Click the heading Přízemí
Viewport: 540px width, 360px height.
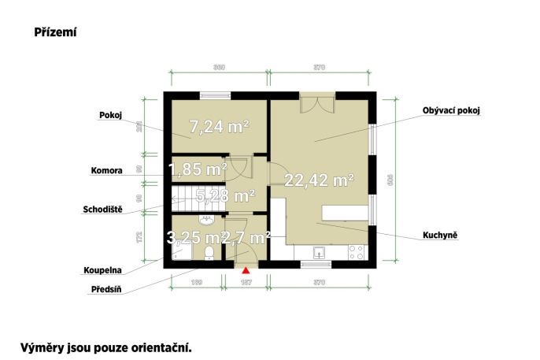pyautogui.click(x=54, y=33)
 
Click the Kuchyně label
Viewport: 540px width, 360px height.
pyautogui.click(x=439, y=236)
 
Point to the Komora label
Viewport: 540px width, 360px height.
pyautogui.click(x=106, y=169)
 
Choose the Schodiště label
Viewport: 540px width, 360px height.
pyautogui.click(x=102, y=210)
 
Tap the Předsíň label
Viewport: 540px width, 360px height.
pyautogui.click(x=105, y=289)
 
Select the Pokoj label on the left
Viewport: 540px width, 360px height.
pyautogui.click(x=109, y=114)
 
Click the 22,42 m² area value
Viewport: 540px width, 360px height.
pyautogui.click(x=319, y=180)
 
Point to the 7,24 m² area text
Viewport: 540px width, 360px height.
pyautogui.click(x=220, y=125)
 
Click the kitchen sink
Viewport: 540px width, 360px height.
pyautogui.click(x=320, y=254)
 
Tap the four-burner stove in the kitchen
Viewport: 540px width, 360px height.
pyautogui.click(x=356, y=253)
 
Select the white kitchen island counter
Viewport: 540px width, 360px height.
pyautogui.click(x=344, y=213)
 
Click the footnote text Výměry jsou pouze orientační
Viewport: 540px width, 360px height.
pyautogui.click(x=106, y=346)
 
